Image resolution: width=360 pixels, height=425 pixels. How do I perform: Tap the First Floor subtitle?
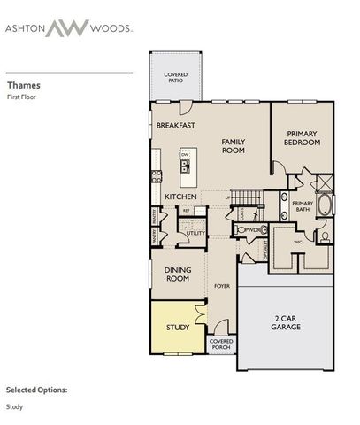(x=22, y=98)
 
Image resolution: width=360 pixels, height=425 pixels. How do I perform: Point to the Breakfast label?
(x=175, y=127)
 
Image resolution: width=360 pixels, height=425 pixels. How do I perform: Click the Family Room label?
(x=234, y=145)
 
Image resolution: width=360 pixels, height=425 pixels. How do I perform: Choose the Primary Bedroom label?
(x=301, y=139)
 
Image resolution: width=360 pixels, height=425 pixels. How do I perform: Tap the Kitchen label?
(x=180, y=196)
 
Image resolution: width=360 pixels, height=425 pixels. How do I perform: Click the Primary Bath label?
(x=303, y=207)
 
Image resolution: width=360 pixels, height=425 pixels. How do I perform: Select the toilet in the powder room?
(x=241, y=228)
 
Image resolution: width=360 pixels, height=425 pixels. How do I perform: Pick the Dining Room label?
(x=179, y=274)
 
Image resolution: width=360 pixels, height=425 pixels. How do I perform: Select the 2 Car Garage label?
(x=287, y=322)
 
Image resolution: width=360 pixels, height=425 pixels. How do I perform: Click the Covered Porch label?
(x=220, y=345)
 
